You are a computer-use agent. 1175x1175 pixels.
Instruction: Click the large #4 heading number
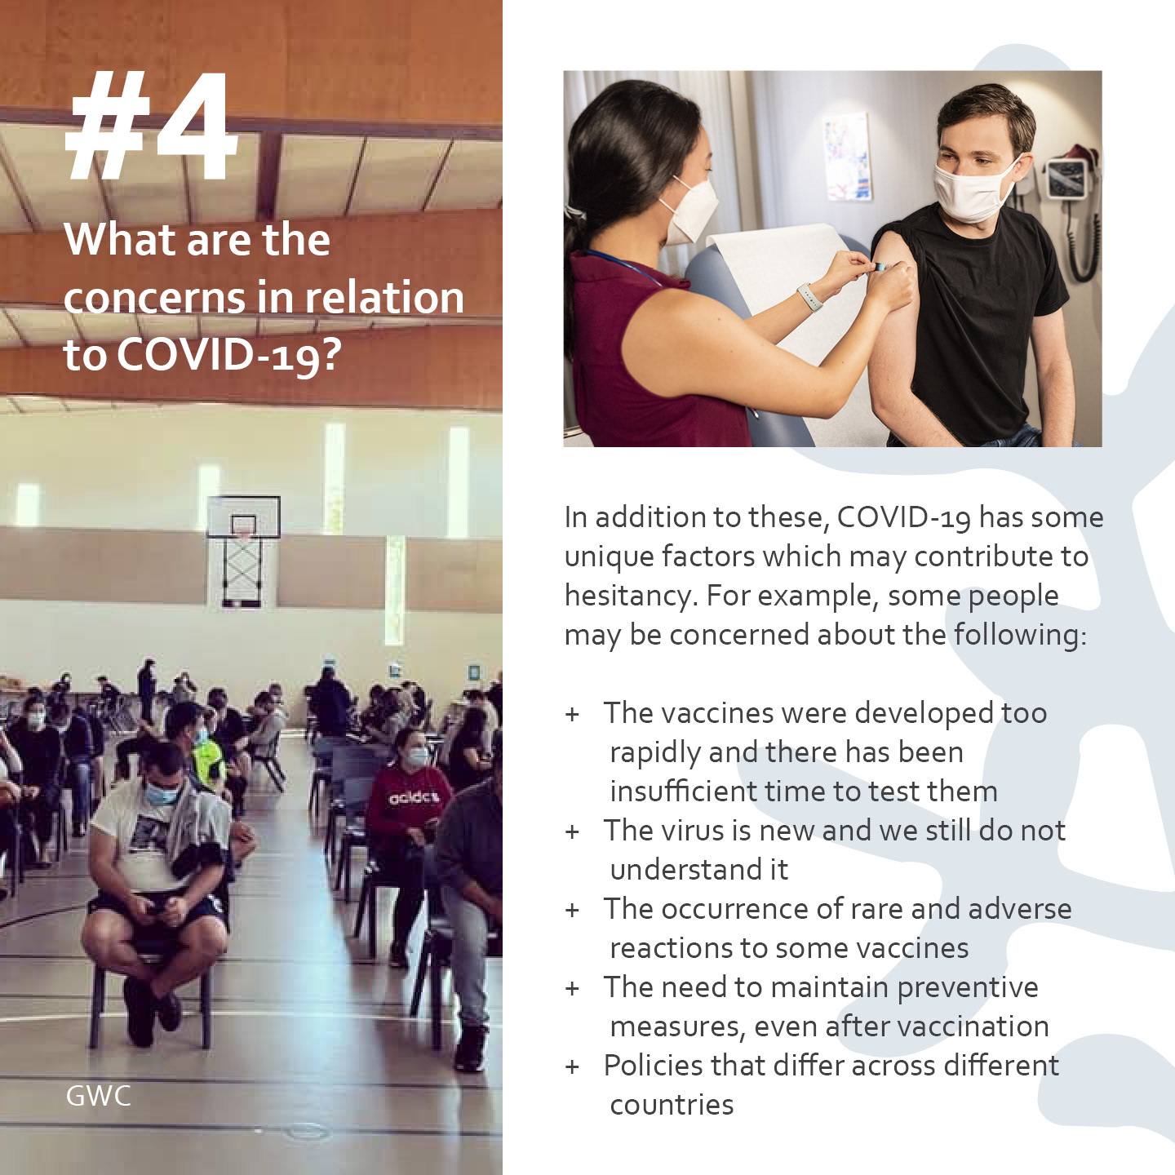(150, 126)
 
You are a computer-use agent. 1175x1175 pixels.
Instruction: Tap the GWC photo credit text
(98, 1097)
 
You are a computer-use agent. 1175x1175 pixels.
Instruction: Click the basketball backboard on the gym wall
(243, 517)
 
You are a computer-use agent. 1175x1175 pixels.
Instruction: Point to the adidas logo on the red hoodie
(414, 797)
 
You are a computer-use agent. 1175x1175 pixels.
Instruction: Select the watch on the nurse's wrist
(809, 297)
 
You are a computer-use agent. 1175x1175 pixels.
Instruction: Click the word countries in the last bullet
(672, 1105)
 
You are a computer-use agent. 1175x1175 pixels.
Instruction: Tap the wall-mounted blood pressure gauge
(1067, 177)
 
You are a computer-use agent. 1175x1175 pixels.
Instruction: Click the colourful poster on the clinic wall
(847, 157)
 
